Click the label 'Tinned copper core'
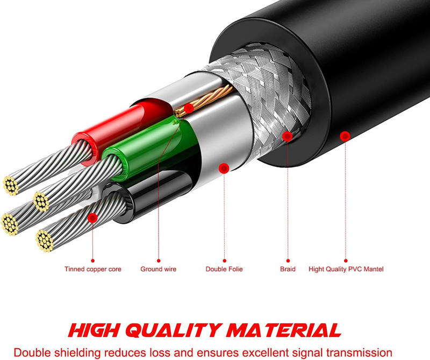point(92,269)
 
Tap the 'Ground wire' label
point(158,269)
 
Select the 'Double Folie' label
point(224,269)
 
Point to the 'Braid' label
point(288,269)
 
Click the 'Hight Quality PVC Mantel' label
point(346,269)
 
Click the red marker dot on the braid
point(288,136)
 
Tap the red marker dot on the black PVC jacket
point(345,136)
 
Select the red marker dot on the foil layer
point(224,168)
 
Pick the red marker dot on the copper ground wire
point(189,109)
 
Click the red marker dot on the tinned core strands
point(92,218)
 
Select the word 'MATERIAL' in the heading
point(284,330)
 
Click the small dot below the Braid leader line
point(288,260)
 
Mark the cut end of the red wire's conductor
point(11,186)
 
